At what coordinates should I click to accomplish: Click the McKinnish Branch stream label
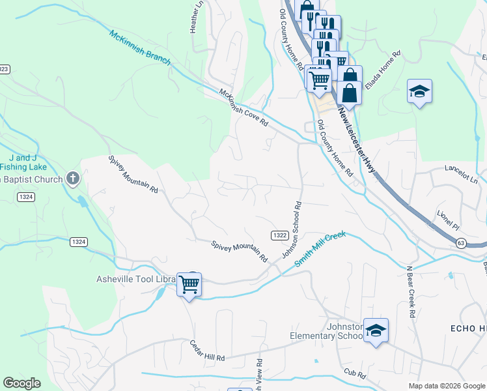(x=139, y=47)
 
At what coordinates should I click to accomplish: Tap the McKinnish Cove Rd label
(x=244, y=108)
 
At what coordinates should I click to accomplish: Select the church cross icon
(x=73, y=178)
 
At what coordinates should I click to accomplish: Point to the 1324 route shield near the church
(x=26, y=197)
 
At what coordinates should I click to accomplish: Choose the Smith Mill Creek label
(x=318, y=248)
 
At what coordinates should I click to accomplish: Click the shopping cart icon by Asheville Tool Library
(x=189, y=283)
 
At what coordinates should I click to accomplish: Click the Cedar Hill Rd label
(x=207, y=351)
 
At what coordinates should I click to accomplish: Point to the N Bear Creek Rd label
(x=410, y=291)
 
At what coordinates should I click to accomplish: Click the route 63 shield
(x=461, y=243)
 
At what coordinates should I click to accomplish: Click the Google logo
(x=21, y=383)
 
